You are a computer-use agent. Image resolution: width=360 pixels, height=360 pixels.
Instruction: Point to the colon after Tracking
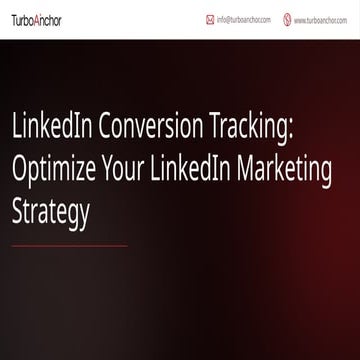tap(291, 127)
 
